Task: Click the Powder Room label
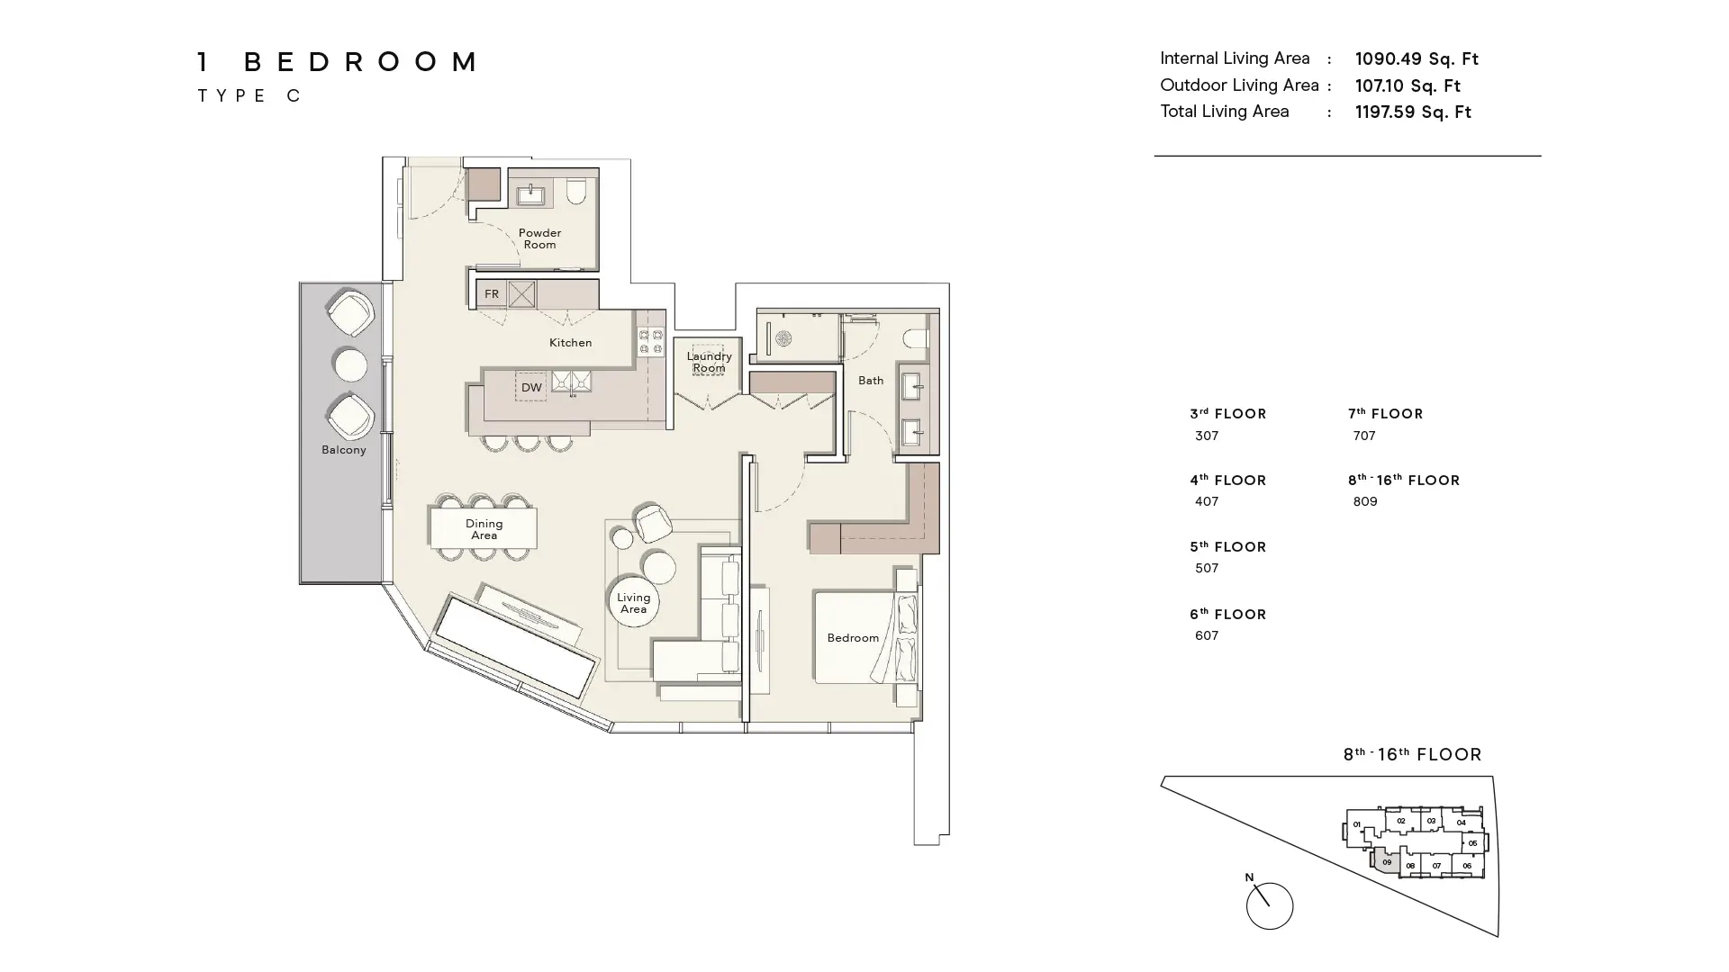click(539, 238)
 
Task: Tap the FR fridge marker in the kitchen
click(492, 293)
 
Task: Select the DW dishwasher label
click(531, 387)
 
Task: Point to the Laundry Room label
click(709, 362)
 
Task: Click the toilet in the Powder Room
click(576, 191)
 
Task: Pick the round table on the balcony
click(349, 365)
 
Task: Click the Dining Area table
click(484, 529)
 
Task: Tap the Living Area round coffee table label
click(633, 603)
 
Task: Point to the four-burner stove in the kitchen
click(651, 342)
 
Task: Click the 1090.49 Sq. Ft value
click(1417, 59)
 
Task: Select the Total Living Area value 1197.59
click(1413, 112)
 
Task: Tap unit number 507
click(1207, 568)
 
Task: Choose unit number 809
click(1365, 501)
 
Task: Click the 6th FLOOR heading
click(1227, 615)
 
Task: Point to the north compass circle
click(1270, 905)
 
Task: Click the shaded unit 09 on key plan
click(1386, 861)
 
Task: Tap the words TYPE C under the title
click(249, 95)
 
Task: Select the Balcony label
click(344, 450)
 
